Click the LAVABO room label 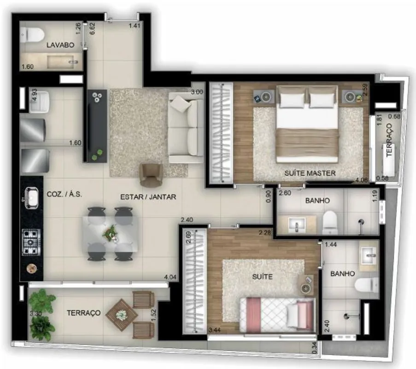coord(60,45)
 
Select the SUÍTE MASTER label coord(310,173)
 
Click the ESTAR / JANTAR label coord(148,197)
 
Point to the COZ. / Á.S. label coord(64,194)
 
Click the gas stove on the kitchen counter coord(31,242)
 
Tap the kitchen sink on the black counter coord(32,198)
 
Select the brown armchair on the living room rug coord(151,175)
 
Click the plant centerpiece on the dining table coord(111,234)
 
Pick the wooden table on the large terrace coord(122,315)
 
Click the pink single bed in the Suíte coord(278,315)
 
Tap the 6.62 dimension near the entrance coord(92,29)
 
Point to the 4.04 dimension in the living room coord(170,277)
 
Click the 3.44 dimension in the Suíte coord(215,330)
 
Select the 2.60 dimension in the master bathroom coord(285,193)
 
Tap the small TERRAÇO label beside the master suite coord(389,140)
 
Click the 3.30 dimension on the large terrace coord(35,313)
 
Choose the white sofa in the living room coord(186,128)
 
